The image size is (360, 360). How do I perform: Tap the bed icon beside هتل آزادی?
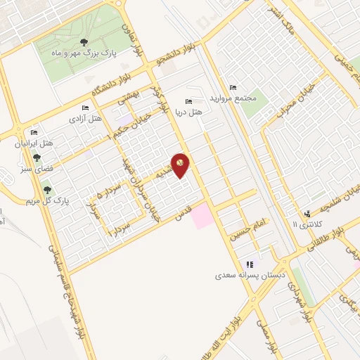pyautogui.click(x=85, y=108)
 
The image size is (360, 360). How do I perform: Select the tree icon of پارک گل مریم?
pyautogui.click(x=47, y=188)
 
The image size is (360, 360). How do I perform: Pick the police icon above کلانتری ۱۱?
pyautogui.click(x=307, y=214)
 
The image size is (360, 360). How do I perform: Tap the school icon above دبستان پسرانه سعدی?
pyautogui.click(x=249, y=265)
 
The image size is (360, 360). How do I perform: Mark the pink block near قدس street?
pyautogui.click(x=202, y=215)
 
